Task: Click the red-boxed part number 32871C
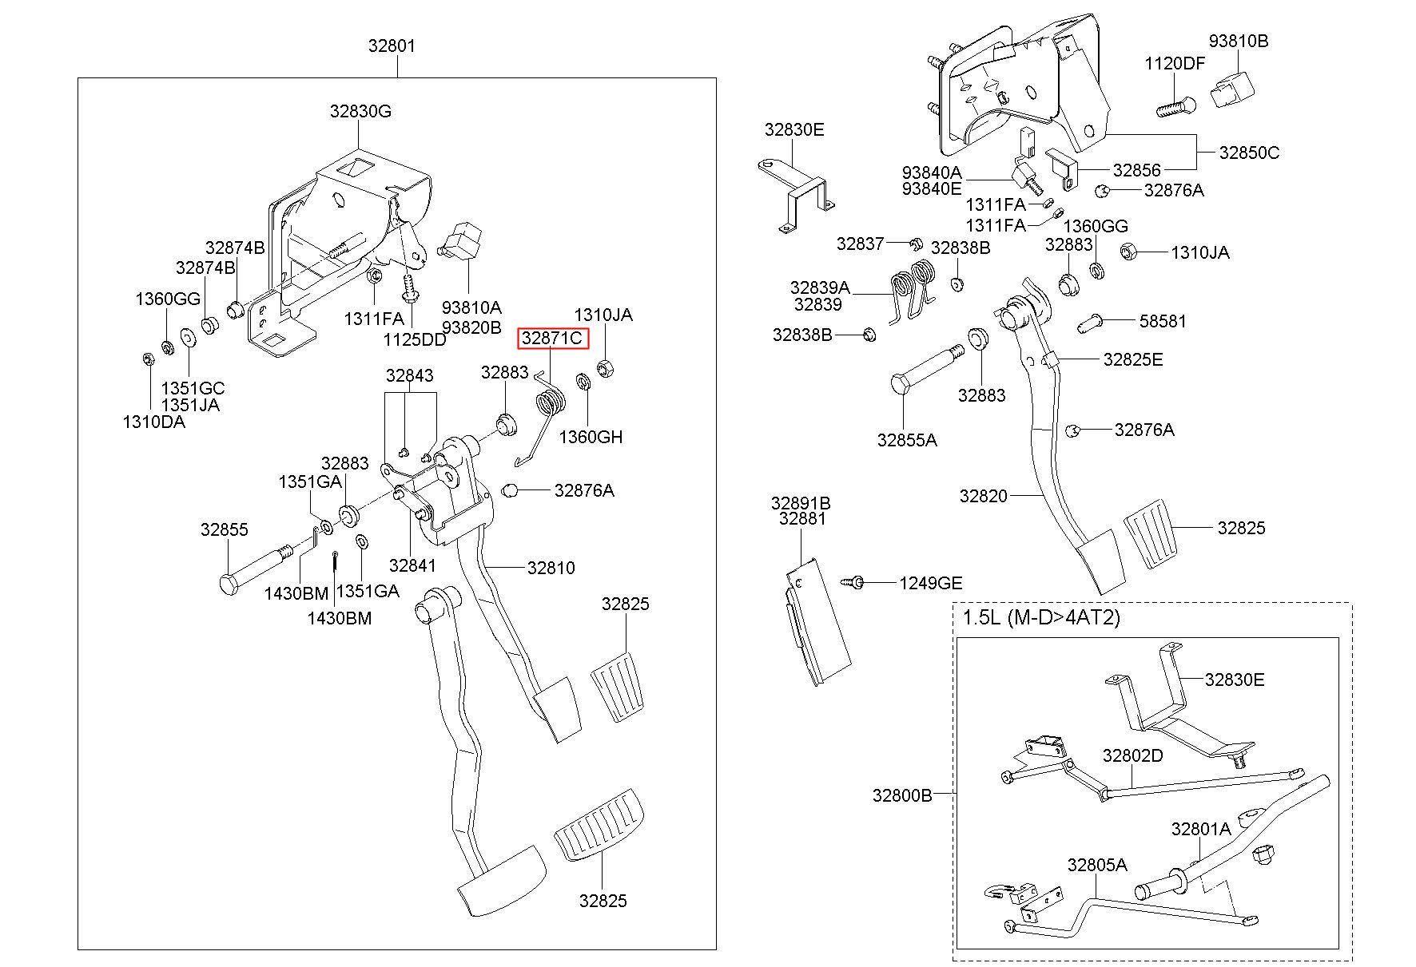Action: (551, 339)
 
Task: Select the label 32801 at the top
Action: (392, 46)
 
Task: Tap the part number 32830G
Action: (360, 112)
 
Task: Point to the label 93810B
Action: (1238, 41)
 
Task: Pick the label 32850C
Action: (1249, 153)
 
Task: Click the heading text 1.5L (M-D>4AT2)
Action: (1041, 618)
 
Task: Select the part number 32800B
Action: (902, 795)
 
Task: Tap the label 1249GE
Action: (931, 583)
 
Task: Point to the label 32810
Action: (551, 568)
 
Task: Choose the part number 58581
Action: (1163, 321)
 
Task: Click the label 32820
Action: (984, 496)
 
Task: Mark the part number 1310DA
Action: (153, 422)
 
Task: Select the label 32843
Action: (409, 375)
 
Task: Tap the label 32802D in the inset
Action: (1133, 755)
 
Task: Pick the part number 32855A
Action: (907, 440)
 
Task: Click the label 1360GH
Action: (591, 437)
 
